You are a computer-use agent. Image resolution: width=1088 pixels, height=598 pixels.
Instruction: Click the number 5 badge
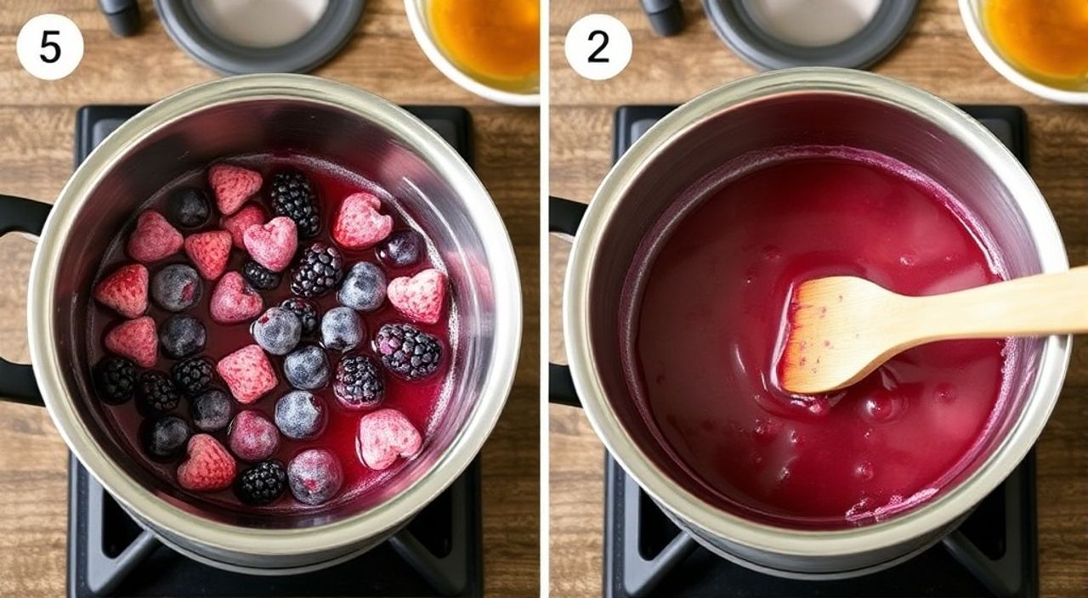pyautogui.click(x=50, y=47)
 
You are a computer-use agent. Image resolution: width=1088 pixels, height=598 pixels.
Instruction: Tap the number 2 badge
pyautogui.click(x=598, y=47)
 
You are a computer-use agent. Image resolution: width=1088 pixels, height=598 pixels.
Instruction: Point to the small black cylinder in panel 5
pyautogui.click(x=121, y=16)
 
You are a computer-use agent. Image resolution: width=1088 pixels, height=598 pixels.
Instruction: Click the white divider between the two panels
pyautogui.click(x=545, y=299)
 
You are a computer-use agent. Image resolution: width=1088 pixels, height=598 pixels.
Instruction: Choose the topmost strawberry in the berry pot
pyautogui.click(x=235, y=189)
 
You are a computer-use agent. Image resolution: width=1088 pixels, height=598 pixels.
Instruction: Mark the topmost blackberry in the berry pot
pyautogui.click(x=295, y=203)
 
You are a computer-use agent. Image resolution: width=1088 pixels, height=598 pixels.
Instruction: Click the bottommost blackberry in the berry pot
pyautogui.click(x=261, y=482)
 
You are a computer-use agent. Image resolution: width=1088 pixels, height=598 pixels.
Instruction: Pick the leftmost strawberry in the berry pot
pyautogui.click(x=122, y=290)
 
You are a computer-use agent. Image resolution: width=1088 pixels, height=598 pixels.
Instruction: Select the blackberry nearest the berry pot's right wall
pyautogui.click(x=408, y=350)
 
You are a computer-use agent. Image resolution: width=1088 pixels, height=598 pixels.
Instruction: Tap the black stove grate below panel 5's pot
pyautogui.click(x=272, y=558)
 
